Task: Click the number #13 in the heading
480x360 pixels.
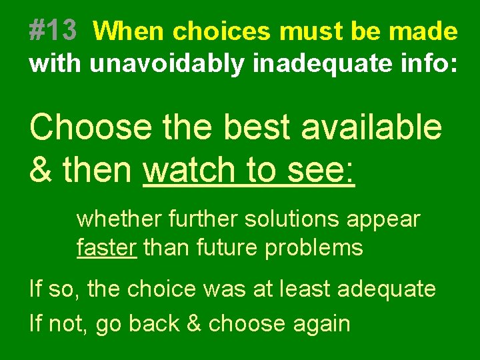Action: pyautogui.click(x=53, y=31)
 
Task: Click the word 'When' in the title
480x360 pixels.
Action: pyautogui.click(x=131, y=31)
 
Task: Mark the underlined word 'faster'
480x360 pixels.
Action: pyautogui.click(x=107, y=248)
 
